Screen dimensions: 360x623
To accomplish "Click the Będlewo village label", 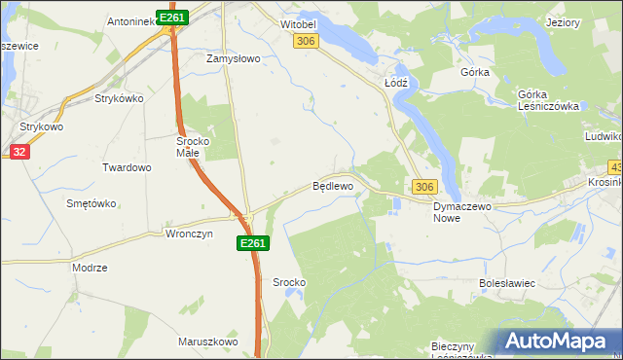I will coord(332,185).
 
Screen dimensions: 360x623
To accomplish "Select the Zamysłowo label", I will coord(234,58).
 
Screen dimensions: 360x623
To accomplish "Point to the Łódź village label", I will coord(395,84).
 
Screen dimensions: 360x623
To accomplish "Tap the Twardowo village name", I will coord(127,167).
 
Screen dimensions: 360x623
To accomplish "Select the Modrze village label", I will coord(90,267).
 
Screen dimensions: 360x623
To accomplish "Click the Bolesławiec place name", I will coord(507,283).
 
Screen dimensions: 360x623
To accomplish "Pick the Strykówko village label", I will coord(120,98).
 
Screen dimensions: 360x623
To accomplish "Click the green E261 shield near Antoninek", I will coord(171,18).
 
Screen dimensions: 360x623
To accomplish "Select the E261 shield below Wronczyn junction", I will coord(252,243).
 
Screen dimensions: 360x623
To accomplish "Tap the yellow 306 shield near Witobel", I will coord(306,40).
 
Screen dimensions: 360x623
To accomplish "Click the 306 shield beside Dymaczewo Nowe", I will coord(423,186).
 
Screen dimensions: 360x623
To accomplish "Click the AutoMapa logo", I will coord(558,342).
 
